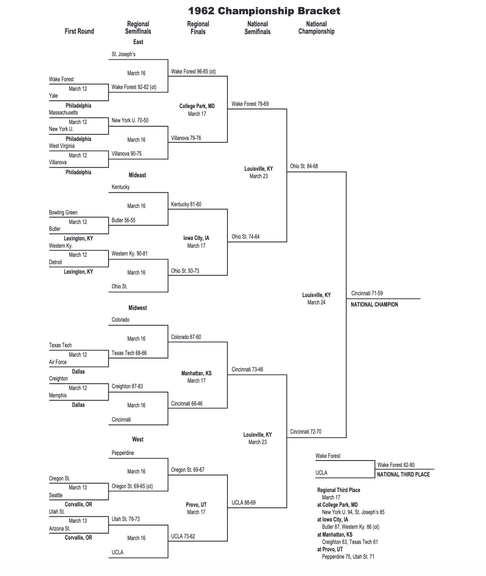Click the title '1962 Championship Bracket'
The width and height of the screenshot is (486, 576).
pyautogui.click(x=264, y=11)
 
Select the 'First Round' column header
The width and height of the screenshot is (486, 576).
pyautogui.click(x=79, y=31)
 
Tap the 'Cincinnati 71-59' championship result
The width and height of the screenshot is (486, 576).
pyautogui.click(x=367, y=293)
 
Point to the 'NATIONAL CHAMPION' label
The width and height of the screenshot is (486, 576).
pyautogui.click(x=374, y=304)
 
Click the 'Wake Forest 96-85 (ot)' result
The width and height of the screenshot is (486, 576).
pyautogui.click(x=193, y=71)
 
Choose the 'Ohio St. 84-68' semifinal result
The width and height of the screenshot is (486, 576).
pyautogui.click(x=304, y=166)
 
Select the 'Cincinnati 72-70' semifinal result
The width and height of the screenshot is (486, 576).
pyautogui.click(x=306, y=432)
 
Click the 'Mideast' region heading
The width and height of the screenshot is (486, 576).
pyautogui.click(x=137, y=175)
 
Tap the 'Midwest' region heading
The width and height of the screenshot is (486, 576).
pyautogui.click(x=137, y=308)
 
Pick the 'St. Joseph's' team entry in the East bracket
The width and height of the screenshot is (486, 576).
pyautogui.click(x=124, y=54)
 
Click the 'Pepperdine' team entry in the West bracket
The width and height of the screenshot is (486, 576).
pyautogui.click(x=123, y=453)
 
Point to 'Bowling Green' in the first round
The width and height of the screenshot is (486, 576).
pyautogui.click(x=63, y=212)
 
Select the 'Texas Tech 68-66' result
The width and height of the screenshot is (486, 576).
pyautogui.click(x=129, y=353)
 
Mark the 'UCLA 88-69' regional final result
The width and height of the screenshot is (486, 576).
pyautogui.click(x=243, y=502)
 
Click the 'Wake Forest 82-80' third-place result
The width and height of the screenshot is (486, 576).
pyautogui.click(x=396, y=465)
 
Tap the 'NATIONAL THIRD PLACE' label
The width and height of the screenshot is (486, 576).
pyautogui.click(x=403, y=474)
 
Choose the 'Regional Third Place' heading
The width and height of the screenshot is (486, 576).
pyautogui.click(x=339, y=490)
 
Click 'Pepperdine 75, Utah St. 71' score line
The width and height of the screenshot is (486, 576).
pyautogui.click(x=348, y=557)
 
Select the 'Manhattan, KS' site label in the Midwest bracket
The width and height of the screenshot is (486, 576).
pyautogui.click(x=196, y=373)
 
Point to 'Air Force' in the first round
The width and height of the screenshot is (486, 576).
pyautogui.click(x=58, y=362)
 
